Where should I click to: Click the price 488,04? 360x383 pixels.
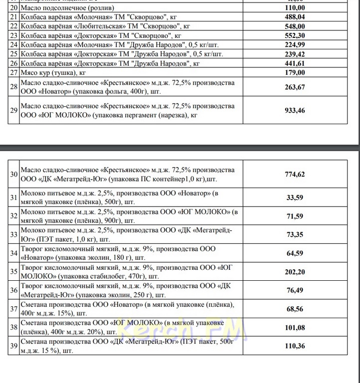294,17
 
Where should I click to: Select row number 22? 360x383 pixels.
13,26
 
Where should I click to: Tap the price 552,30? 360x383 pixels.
294,35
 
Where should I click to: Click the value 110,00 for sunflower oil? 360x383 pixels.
294,8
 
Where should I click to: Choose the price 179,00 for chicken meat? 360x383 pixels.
294,72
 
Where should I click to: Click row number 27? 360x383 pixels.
13,72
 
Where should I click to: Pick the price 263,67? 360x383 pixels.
294,87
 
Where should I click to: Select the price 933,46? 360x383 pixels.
294,110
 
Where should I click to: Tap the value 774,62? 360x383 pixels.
294,174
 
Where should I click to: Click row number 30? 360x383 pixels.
13,174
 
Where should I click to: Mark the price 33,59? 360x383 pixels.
294,197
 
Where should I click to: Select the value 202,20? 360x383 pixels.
294,272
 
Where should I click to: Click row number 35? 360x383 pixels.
13,272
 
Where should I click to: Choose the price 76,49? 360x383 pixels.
294,290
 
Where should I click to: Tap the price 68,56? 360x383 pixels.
294,309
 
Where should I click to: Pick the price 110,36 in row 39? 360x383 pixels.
294,346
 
